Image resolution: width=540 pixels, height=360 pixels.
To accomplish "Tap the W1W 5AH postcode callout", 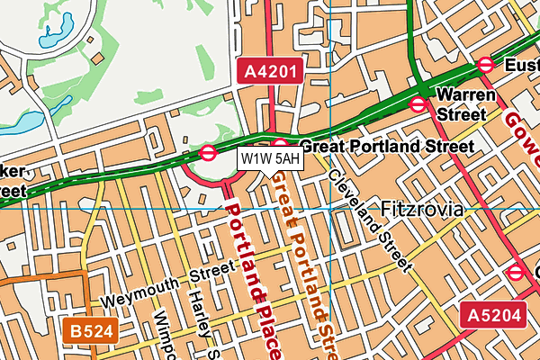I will (270, 157).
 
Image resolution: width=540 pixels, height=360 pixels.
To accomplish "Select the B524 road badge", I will (93, 332).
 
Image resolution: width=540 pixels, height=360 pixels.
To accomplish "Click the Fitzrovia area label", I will (422, 209).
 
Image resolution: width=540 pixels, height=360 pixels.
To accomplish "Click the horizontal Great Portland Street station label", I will (385, 146).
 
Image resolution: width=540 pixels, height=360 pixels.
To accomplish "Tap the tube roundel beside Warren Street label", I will (418, 105).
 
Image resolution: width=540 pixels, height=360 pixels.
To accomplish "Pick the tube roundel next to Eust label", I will (486, 65).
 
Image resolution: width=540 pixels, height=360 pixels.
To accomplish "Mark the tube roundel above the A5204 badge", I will (516, 272).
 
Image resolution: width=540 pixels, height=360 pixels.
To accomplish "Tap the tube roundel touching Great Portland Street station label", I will (281, 146).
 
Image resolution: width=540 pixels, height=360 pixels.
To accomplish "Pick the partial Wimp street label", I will (166, 333).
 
